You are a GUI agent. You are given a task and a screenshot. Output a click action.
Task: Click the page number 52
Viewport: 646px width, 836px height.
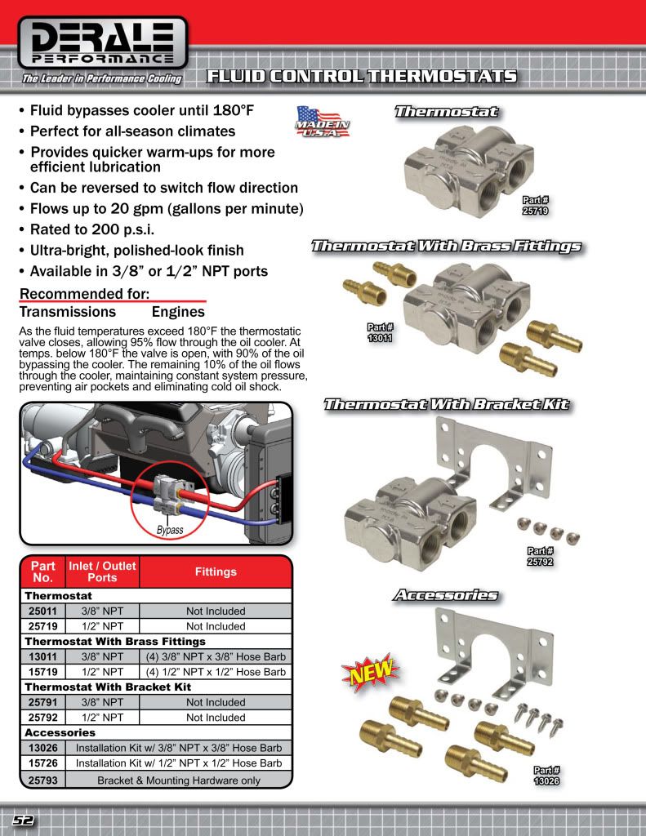click(x=22, y=820)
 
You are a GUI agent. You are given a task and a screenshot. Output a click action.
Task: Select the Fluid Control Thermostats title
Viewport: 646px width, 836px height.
click(x=362, y=78)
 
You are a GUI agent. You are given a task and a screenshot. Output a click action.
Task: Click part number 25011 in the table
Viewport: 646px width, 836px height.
click(x=42, y=611)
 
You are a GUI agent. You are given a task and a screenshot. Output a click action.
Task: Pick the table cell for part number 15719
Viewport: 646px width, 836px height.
click(x=42, y=672)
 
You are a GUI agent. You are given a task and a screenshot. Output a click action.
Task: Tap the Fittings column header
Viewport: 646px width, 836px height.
click(x=216, y=571)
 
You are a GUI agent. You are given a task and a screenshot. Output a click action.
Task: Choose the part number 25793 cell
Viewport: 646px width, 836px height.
click(x=42, y=779)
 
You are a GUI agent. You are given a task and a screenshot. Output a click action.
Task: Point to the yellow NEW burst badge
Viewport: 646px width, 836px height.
click(x=372, y=674)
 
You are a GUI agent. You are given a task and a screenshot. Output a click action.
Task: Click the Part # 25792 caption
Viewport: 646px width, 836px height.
click(x=541, y=557)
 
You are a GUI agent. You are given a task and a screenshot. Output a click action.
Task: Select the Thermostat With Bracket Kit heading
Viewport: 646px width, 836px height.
click(x=446, y=405)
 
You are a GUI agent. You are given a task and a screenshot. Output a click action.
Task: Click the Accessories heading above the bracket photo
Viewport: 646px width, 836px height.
click(x=446, y=595)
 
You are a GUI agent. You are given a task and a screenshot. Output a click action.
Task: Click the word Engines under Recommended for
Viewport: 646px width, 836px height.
click(x=178, y=312)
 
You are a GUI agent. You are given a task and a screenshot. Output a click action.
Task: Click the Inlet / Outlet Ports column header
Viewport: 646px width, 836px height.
click(x=102, y=571)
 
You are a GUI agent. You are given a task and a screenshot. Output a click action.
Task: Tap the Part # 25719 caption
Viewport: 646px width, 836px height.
click(x=535, y=205)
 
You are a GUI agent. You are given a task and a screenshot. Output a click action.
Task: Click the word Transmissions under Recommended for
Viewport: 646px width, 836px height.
click(x=68, y=312)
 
